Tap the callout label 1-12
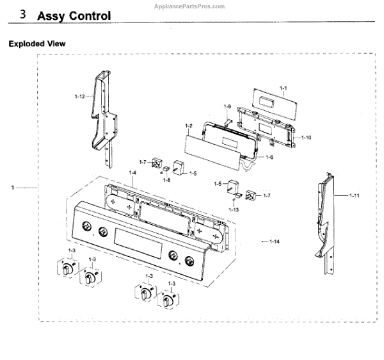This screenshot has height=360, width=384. tap(79, 96)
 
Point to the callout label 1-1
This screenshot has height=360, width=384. tap(284, 87)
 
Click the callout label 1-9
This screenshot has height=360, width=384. tap(227, 106)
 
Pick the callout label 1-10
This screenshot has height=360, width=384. tap(307, 137)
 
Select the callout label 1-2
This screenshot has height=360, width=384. tap(189, 126)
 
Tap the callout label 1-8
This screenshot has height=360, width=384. tap(166, 180)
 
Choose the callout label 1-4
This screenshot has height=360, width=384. tap(132, 173)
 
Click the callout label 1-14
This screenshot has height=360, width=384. tap(275, 241)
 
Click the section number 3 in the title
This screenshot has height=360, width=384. tap(24, 15)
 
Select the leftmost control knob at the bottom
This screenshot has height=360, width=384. tap(67, 268)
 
